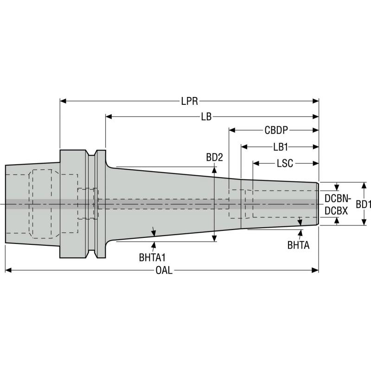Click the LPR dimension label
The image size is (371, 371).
(x=189, y=101)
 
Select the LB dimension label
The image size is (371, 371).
(x=206, y=117)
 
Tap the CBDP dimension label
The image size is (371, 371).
(x=277, y=131)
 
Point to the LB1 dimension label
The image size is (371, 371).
(x=281, y=147)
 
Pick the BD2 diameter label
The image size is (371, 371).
(x=214, y=158)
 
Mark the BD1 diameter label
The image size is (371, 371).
(x=363, y=204)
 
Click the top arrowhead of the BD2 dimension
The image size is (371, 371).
(x=214, y=168)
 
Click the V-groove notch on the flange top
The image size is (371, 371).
(x=93, y=153)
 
